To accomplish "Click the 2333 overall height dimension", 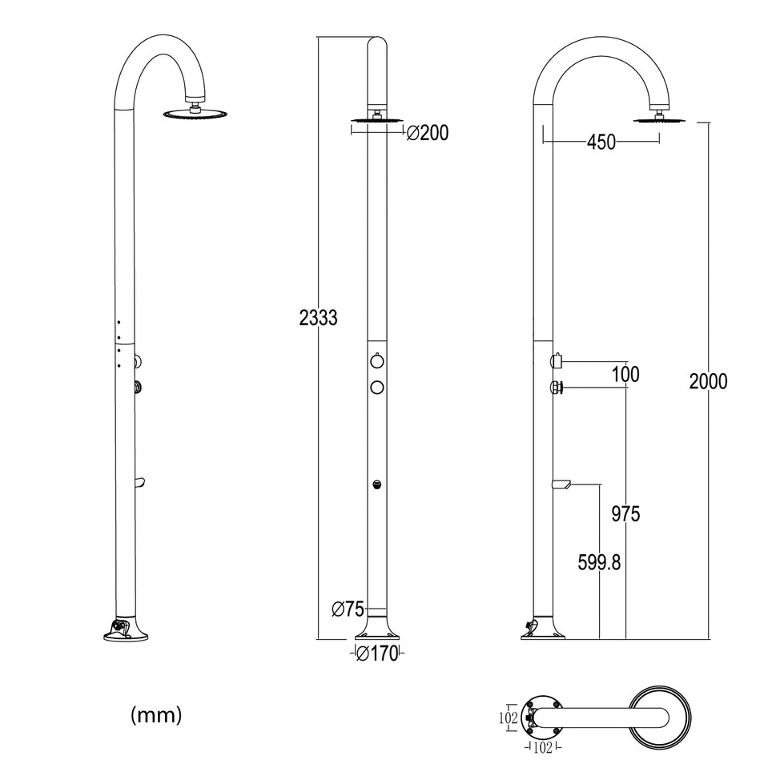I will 318,318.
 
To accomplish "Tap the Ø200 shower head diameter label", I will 428,134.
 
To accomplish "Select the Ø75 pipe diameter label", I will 348,609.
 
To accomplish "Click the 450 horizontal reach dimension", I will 601,143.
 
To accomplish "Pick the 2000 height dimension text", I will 708,381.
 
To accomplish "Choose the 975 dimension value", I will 625,514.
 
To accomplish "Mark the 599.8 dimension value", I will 599,563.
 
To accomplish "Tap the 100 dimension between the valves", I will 625,374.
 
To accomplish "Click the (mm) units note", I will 156,714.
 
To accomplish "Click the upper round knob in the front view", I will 376,361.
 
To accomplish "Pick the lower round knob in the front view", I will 376,388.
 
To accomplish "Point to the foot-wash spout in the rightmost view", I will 560,483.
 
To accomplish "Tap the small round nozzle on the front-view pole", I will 376,484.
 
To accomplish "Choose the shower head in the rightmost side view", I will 660,120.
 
